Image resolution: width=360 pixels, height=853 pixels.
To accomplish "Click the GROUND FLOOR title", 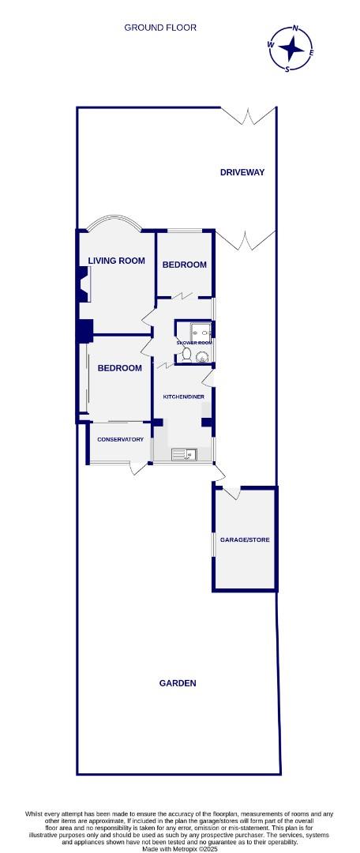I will tap(160, 28).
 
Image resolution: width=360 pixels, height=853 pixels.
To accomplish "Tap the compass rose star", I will tap(292, 49).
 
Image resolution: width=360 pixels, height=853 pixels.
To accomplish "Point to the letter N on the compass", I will tap(295, 28).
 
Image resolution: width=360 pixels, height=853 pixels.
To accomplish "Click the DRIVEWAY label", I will tap(242, 172).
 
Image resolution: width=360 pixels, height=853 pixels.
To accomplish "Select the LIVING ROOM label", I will tap(116, 261).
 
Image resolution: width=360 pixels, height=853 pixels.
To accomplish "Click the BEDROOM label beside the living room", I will tap(185, 265).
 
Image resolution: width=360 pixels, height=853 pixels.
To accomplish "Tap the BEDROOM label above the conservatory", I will tap(120, 368).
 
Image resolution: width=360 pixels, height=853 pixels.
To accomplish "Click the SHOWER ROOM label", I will tap(194, 343).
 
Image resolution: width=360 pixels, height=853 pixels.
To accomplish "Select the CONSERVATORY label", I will tap(120, 439).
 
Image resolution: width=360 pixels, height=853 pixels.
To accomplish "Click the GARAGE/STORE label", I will tap(245, 539).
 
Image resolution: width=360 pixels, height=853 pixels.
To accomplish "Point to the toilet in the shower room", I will tap(186, 354).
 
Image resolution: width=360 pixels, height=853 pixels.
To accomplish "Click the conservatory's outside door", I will tap(139, 469).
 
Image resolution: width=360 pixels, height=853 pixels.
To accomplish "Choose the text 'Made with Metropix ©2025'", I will tap(181, 848).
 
